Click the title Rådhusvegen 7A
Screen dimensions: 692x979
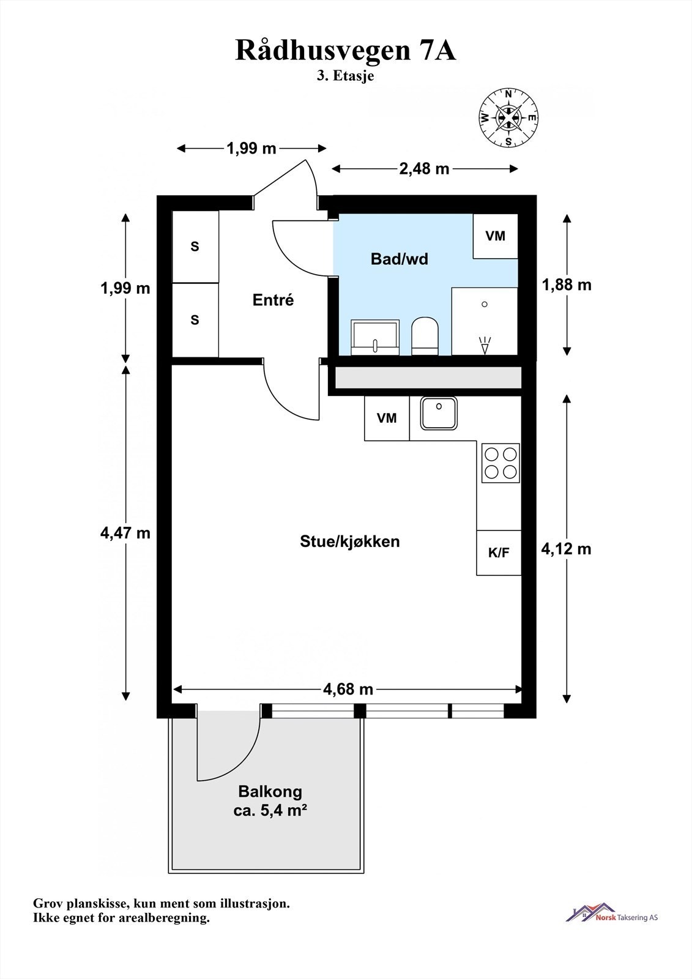point(345,51)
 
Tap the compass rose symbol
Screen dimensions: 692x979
point(508,117)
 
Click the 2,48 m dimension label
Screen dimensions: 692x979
point(424,169)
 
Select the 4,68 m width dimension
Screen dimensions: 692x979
point(348,689)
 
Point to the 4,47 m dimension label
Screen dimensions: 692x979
point(125,533)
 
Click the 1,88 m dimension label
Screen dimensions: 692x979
point(567,285)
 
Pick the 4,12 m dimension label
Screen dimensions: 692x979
point(566,549)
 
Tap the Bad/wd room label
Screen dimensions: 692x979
point(399,259)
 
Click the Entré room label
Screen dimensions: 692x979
point(273,300)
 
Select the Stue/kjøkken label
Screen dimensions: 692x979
point(350,542)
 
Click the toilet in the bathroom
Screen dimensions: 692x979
point(425,335)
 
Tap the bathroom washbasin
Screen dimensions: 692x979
point(375,337)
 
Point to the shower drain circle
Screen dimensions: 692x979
point(485,304)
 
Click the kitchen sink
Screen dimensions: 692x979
point(439,412)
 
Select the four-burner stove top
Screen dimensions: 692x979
point(500,463)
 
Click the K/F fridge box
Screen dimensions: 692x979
point(499,553)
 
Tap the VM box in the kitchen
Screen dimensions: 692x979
point(387,419)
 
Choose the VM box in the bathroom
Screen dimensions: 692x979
point(495,236)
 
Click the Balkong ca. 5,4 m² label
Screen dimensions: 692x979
point(270,801)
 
